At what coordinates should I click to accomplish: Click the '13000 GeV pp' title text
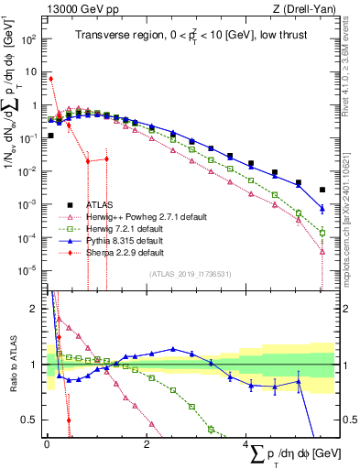pyautogui.click(x=77, y=8)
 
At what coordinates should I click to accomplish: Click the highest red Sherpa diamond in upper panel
pyautogui.click(x=50, y=79)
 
